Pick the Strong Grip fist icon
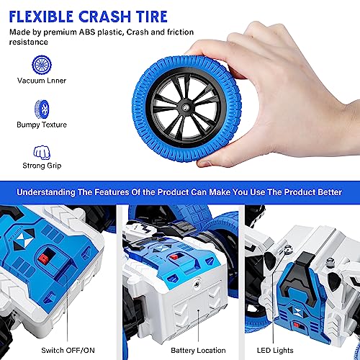pos(41,153)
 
